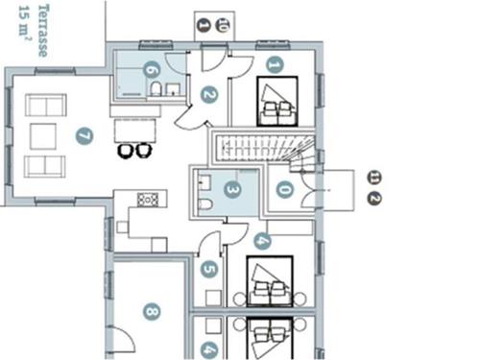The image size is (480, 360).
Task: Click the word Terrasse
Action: (43, 31)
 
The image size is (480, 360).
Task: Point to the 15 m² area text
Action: (25, 25)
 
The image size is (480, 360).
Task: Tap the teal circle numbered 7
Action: (84, 136)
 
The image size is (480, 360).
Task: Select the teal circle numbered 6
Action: (152, 69)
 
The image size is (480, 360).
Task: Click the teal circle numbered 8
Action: (152, 311)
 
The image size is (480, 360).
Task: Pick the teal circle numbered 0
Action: (285, 189)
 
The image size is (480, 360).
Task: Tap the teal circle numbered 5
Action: (209, 269)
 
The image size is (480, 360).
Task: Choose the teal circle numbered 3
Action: (232, 189)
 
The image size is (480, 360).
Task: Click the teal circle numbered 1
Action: (275, 65)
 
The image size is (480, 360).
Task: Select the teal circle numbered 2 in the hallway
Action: (209, 95)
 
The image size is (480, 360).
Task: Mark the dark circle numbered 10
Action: (223, 25)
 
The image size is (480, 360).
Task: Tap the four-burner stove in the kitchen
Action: (148, 200)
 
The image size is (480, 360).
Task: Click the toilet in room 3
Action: (205, 204)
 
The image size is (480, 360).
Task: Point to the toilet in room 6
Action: (156, 89)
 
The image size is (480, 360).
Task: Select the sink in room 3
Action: (204, 182)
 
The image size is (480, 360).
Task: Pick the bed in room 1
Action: (277, 101)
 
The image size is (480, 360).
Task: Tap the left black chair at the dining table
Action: (126, 151)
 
